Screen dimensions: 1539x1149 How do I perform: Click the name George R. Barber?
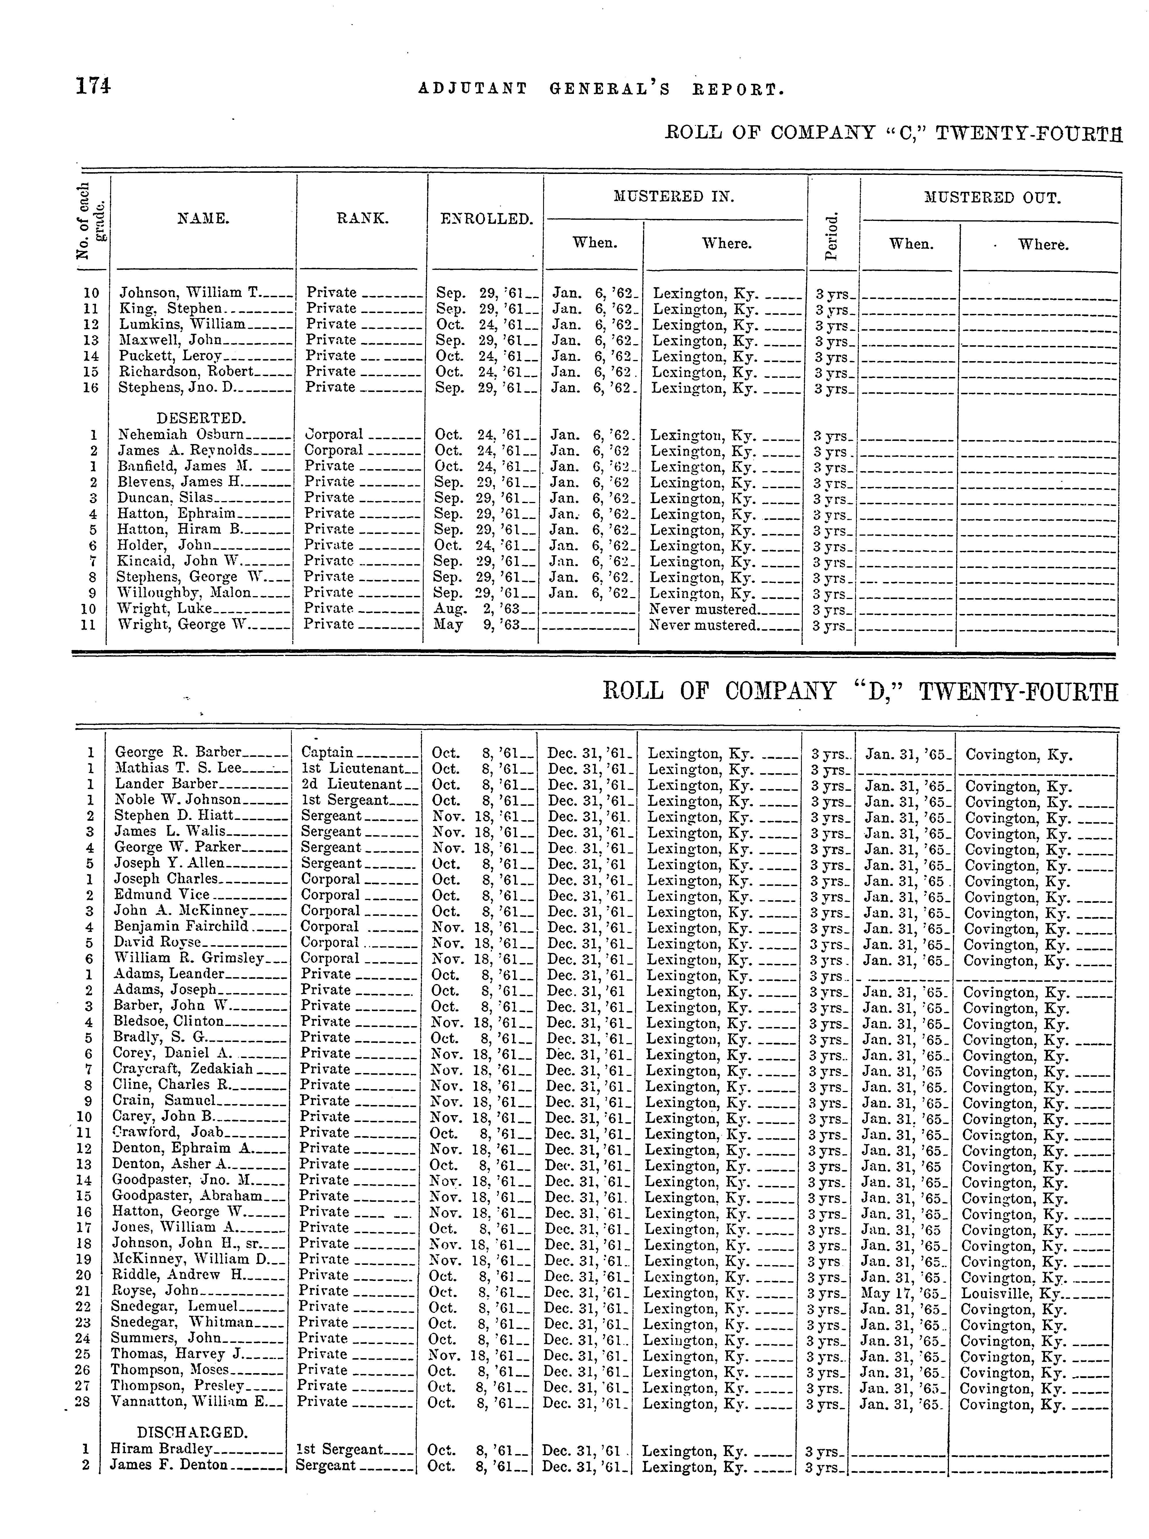pyautogui.click(x=178, y=752)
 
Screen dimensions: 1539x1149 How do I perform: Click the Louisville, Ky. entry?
pyautogui.click(x=1009, y=1294)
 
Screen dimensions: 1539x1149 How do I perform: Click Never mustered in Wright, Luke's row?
pyautogui.click(x=703, y=609)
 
